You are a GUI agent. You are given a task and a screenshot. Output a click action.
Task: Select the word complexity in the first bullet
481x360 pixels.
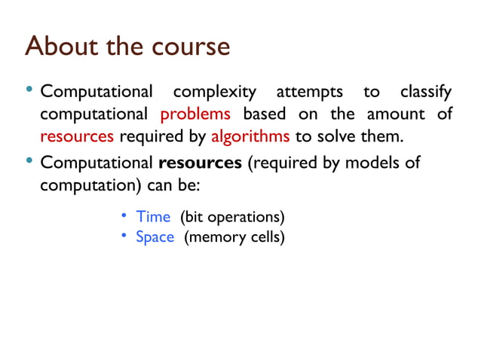[x=214, y=93]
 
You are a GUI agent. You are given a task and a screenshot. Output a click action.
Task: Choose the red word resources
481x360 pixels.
[x=77, y=137]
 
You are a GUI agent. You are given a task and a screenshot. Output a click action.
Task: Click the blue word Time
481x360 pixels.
[x=153, y=217]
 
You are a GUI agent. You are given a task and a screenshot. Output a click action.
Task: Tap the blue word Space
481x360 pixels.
[x=155, y=237]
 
